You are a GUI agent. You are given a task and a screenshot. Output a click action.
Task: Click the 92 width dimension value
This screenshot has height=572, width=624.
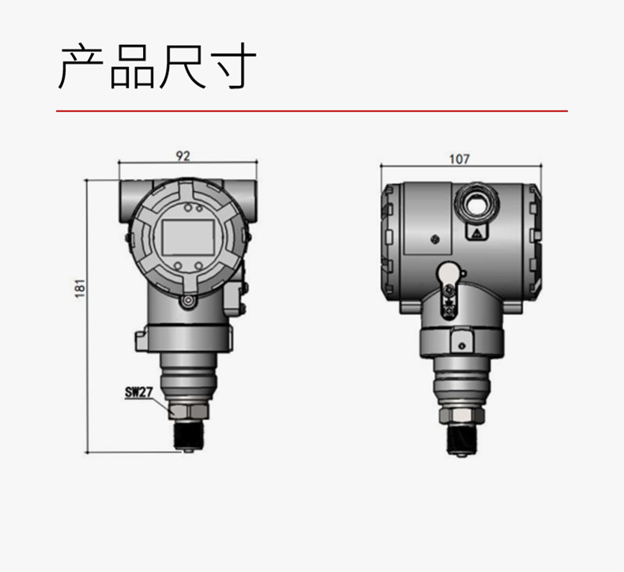point(183,156)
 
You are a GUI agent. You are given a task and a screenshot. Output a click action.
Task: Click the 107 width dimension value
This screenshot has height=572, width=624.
point(460,160)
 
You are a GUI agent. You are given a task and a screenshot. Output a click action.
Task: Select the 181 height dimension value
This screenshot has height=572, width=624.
point(80,288)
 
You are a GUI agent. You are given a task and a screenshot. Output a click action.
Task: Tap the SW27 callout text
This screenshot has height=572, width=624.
point(139,393)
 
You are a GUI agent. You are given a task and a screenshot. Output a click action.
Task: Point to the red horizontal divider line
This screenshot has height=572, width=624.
point(312,111)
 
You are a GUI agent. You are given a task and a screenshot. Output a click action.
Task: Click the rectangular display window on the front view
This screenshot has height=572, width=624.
point(188,238)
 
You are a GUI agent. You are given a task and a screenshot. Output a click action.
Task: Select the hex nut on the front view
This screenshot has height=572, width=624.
point(188,412)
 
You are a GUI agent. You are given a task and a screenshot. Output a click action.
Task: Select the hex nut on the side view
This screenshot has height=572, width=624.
point(462,415)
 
